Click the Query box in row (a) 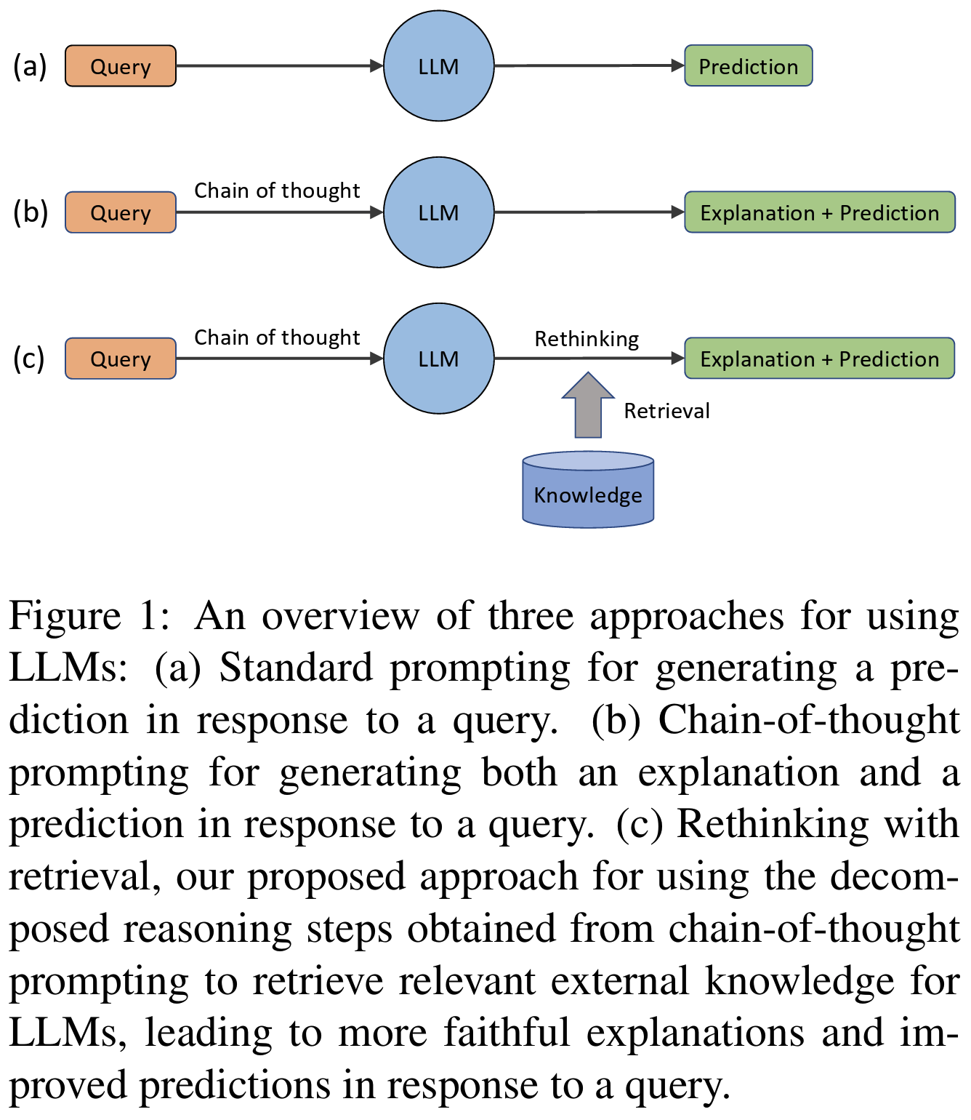[x=121, y=66]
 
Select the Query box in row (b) [x=121, y=212]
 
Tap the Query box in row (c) [x=121, y=359]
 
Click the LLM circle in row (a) [x=439, y=66]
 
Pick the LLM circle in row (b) [x=439, y=212]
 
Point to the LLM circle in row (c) [x=439, y=359]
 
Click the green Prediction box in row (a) [x=749, y=66]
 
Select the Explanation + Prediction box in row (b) [x=820, y=212]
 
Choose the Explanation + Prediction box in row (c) [x=820, y=359]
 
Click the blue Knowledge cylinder [x=588, y=490]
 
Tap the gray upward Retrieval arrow [x=588, y=407]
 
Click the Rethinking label [x=587, y=339]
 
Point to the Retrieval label [x=666, y=411]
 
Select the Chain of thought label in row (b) [x=277, y=191]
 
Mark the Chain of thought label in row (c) [x=277, y=337]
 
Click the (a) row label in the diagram [x=30, y=66]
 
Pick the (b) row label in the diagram [x=30, y=212]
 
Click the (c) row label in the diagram [x=29, y=359]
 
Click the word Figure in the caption [x=65, y=617]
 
